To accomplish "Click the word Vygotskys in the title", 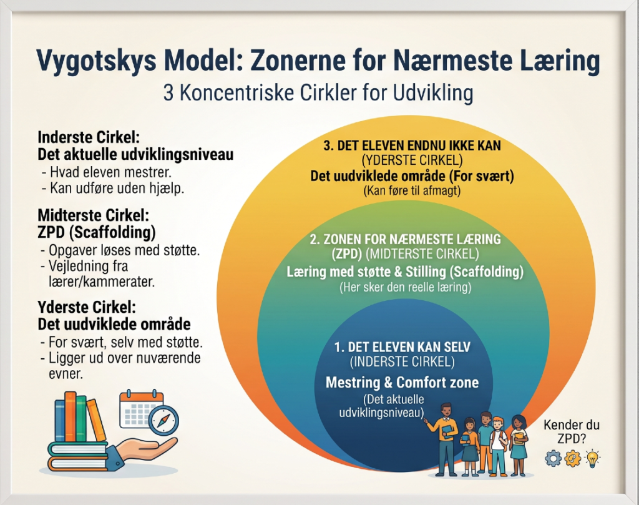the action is (97, 61).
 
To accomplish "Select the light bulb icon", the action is (592, 458).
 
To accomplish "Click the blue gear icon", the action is (553, 458).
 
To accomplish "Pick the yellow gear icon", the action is (573, 458).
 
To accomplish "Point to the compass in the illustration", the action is (163, 421).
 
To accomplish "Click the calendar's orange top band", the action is (142, 398).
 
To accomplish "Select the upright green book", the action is (81, 418).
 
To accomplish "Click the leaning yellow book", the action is (96, 420).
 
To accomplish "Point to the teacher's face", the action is (447, 411).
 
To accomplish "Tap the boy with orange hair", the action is (499, 446).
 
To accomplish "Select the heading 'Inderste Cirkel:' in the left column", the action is (89, 137).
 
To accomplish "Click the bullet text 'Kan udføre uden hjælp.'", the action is (113, 189).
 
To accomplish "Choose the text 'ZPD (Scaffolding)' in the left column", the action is (97, 232).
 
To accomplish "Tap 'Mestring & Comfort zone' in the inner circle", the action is (402, 382).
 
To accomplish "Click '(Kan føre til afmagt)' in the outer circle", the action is (412, 191).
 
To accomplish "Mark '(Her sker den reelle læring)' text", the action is (406, 287).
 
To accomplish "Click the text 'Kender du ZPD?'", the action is (572, 431).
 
